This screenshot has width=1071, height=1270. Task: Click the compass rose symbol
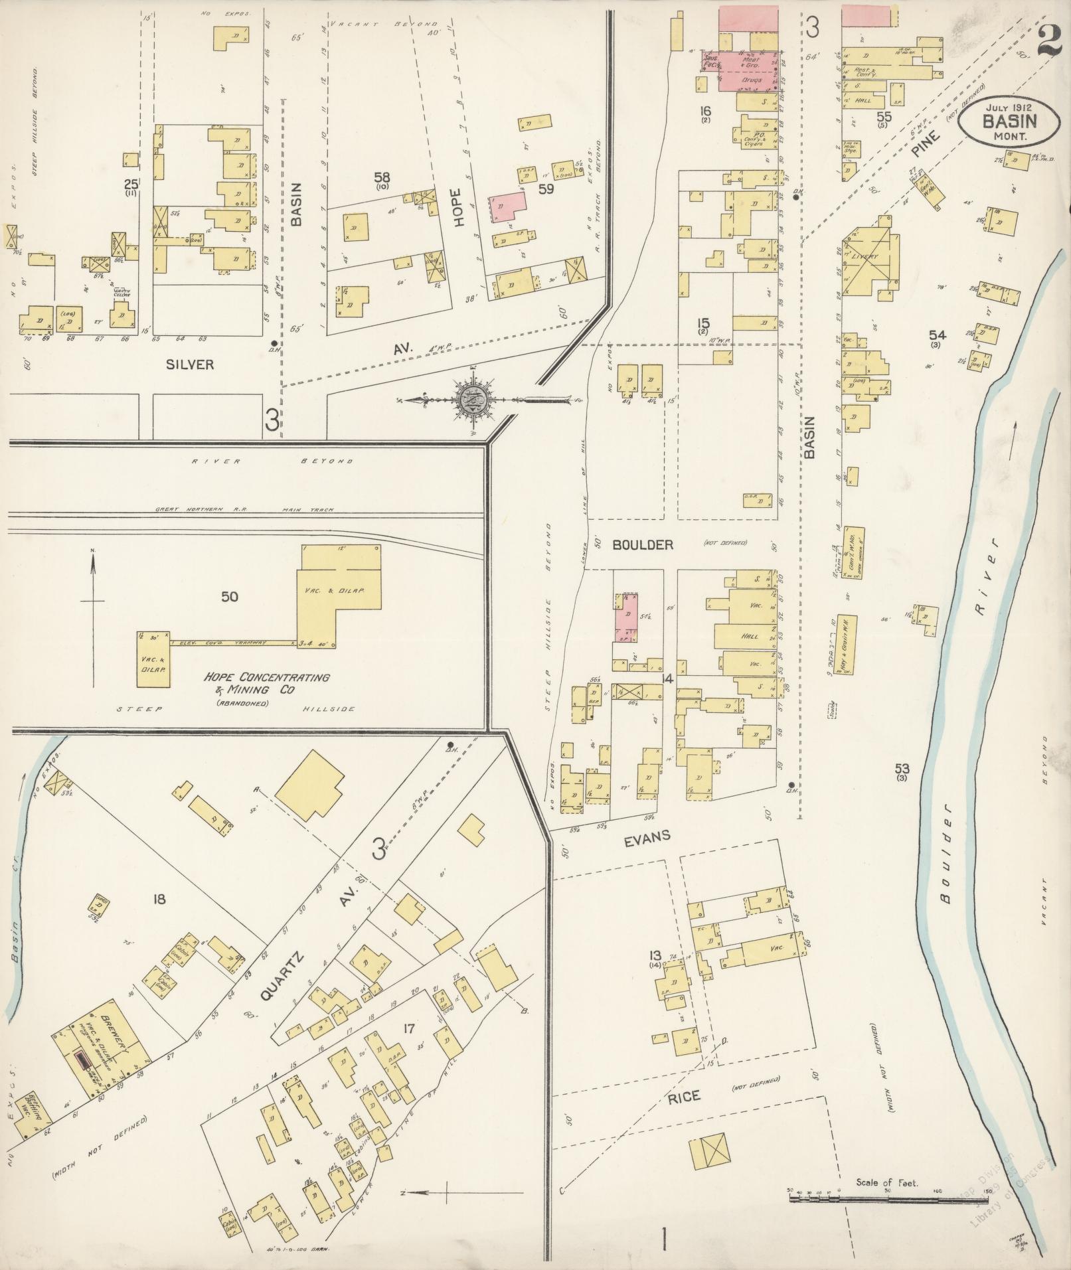point(474,400)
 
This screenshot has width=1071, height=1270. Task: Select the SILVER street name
point(190,364)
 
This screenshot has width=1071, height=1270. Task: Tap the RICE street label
point(683,1097)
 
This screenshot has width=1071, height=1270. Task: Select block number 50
point(229,597)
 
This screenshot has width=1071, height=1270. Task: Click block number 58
point(382,177)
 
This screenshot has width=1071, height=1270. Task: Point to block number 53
point(901,769)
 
